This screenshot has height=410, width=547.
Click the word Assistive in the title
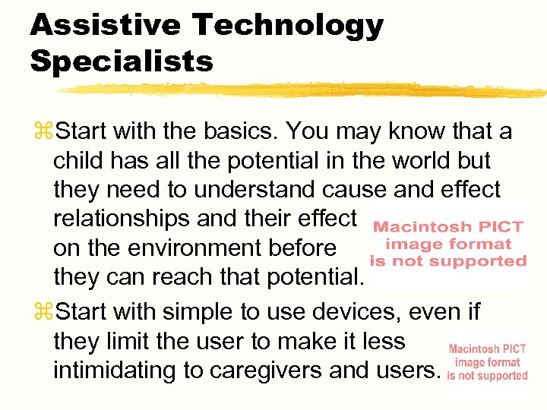tap(105, 25)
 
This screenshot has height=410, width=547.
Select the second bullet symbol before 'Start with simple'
tap(42, 312)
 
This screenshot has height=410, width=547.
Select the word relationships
tap(122, 219)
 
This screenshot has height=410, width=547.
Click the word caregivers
tap(280, 371)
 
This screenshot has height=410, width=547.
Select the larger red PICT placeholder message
tap(448, 244)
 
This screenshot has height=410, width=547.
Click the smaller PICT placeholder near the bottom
tap(487, 362)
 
